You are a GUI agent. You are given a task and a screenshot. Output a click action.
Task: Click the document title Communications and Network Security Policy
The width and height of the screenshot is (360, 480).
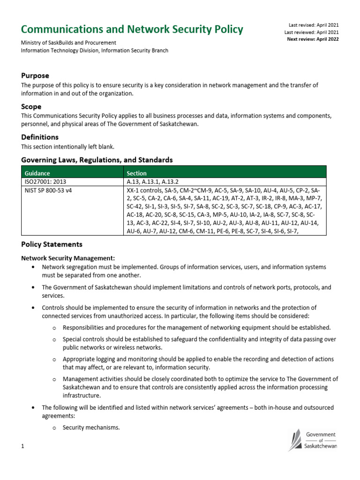point(132,30)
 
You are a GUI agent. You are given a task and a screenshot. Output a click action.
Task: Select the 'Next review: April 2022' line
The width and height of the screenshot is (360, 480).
point(313,39)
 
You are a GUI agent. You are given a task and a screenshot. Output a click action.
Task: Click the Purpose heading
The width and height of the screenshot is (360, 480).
point(35,75)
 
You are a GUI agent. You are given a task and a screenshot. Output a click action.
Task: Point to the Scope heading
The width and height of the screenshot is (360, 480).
point(31,106)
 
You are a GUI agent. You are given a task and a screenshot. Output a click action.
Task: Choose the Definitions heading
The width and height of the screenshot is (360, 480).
point(40,137)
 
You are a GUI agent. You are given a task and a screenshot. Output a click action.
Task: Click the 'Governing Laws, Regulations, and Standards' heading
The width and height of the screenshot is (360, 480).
point(97,160)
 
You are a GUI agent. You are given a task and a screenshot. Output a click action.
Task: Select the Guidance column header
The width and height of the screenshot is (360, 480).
point(37,173)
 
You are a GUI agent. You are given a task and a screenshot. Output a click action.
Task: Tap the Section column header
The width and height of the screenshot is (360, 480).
point(136,173)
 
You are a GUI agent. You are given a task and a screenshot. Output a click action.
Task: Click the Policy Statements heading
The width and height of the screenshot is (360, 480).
point(52,244)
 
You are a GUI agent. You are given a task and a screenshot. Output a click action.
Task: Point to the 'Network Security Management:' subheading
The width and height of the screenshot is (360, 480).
point(68,258)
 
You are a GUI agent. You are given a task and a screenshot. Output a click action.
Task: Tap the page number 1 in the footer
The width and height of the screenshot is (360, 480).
point(22,447)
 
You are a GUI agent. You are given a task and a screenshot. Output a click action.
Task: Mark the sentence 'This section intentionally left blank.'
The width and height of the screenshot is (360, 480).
point(67,147)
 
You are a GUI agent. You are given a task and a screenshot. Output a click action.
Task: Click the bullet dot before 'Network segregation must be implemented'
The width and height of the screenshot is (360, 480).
point(32,267)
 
